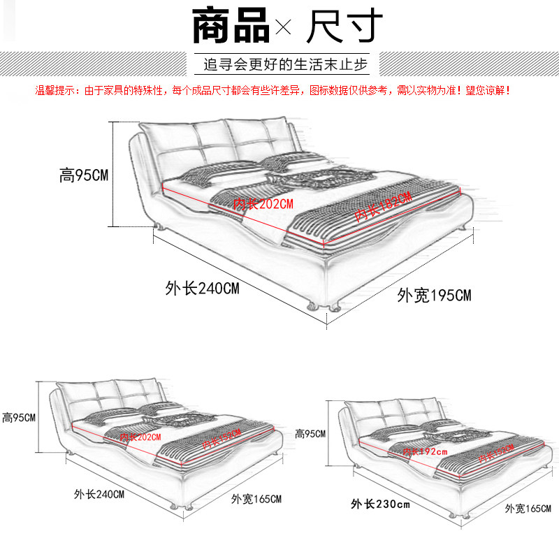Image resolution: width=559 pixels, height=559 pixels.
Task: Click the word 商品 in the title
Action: coord(230,26)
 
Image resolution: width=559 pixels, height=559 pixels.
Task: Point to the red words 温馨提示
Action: coord(59,90)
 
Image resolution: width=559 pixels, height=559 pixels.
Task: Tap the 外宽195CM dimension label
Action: coord(434,295)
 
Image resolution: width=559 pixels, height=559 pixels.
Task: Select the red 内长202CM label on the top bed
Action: coord(263,203)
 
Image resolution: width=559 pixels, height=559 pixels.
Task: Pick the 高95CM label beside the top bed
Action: coord(83,175)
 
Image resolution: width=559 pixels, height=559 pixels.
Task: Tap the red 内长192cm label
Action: coord(425,452)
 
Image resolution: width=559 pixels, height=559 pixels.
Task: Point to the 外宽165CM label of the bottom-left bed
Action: coord(256,499)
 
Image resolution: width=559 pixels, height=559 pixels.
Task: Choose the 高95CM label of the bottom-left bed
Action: coord(19,418)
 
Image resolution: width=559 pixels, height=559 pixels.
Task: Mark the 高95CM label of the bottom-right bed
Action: coord(310,434)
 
